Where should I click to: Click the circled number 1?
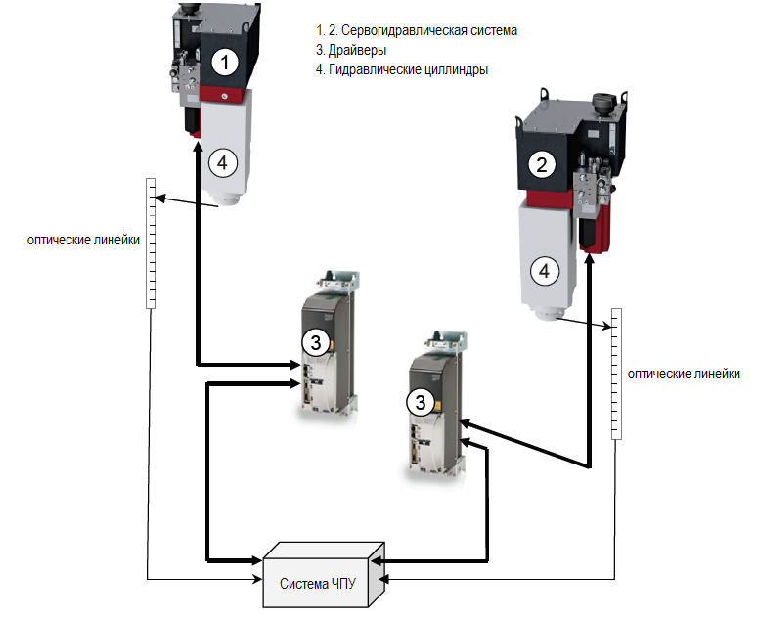tap(226, 64)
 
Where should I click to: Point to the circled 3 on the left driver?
tap(315, 342)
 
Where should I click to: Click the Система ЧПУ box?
tap(318, 582)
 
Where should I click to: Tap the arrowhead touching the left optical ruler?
tap(158, 199)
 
